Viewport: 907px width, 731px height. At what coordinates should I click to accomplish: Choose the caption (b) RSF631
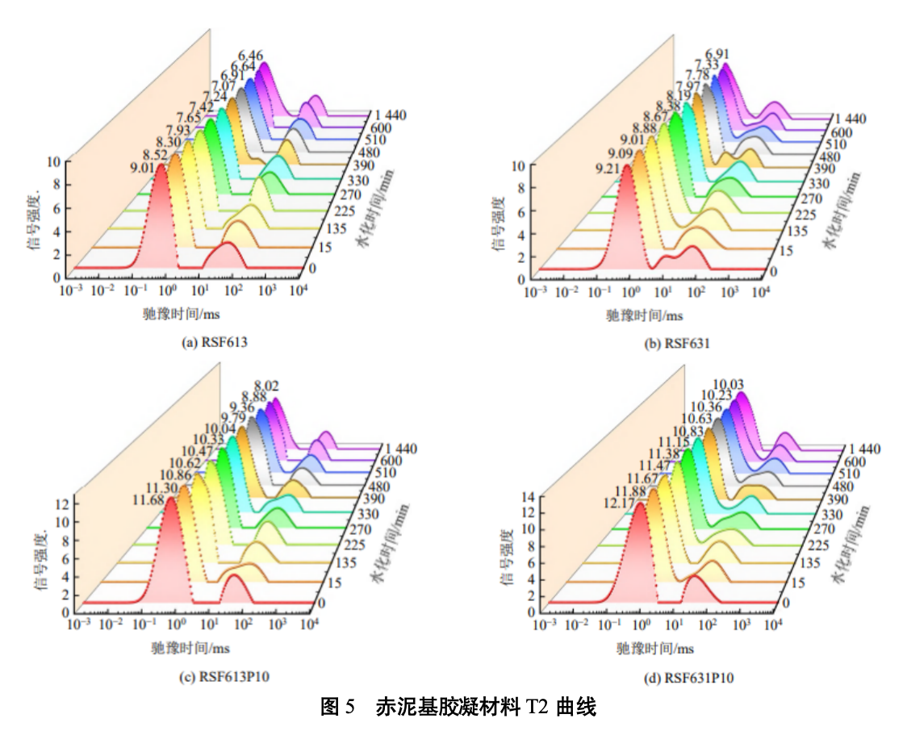coord(677,343)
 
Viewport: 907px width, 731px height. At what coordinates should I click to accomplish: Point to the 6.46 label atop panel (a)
coord(252,56)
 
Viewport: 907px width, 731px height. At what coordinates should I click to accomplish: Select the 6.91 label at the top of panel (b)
coord(717,54)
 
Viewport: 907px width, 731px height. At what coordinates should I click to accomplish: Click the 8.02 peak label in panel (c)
coord(267,385)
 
